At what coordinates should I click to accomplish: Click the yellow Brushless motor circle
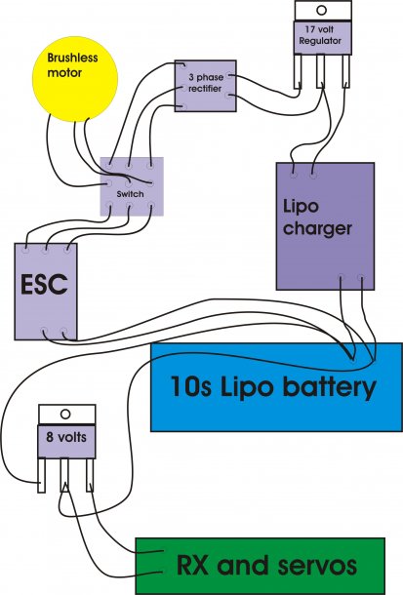(75, 79)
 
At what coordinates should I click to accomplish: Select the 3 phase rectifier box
(205, 86)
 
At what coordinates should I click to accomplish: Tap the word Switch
(130, 194)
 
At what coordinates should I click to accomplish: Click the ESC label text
(44, 285)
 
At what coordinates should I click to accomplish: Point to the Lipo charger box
(325, 226)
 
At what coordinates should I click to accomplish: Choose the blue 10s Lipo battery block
(277, 387)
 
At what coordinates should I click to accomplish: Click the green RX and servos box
(261, 566)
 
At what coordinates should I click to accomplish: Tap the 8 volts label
(66, 437)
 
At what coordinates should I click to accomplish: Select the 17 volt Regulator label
(320, 35)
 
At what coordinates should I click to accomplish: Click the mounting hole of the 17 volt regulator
(321, 10)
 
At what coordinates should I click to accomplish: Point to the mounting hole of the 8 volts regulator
(65, 414)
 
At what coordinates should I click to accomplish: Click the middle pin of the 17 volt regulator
(321, 71)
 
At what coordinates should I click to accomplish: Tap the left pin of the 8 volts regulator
(41, 475)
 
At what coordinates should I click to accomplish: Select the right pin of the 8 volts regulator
(90, 475)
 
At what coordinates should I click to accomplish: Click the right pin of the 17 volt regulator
(345, 71)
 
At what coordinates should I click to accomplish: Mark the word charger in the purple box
(317, 229)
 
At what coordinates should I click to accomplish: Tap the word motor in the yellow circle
(64, 72)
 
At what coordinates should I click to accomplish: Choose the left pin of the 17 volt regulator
(297, 71)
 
